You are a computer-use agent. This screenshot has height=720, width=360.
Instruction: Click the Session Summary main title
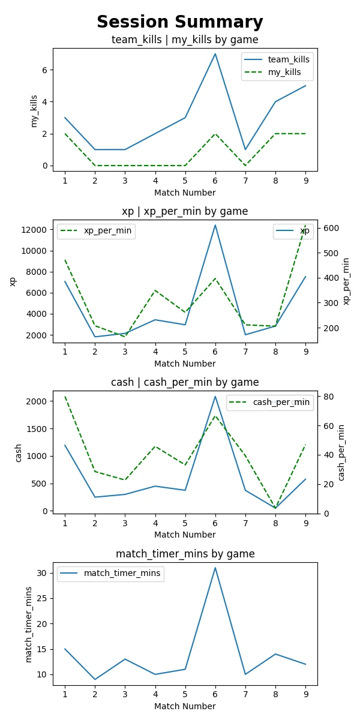click(x=180, y=22)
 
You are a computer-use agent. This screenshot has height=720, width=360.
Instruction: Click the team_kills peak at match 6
click(x=215, y=54)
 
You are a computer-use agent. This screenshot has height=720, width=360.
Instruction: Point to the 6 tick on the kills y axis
click(x=45, y=70)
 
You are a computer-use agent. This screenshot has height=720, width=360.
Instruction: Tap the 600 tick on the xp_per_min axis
click(x=330, y=228)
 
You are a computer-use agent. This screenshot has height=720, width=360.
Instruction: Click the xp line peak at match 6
click(x=215, y=225)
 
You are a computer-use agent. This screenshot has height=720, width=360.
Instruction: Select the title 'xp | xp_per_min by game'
click(x=185, y=211)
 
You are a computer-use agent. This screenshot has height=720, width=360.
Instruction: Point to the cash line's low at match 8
click(x=275, y=508)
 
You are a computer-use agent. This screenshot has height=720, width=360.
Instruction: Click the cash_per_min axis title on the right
click(x=342, y=452)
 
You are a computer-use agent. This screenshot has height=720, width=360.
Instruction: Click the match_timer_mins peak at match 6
click(x=215, y=568)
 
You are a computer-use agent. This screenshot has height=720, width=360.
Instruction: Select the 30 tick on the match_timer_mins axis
click(x=43, y=573)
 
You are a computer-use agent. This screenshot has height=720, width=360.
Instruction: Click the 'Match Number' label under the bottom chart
click(x=185, y=706)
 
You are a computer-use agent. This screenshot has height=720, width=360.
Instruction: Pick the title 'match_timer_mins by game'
click(x=185, y=554)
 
